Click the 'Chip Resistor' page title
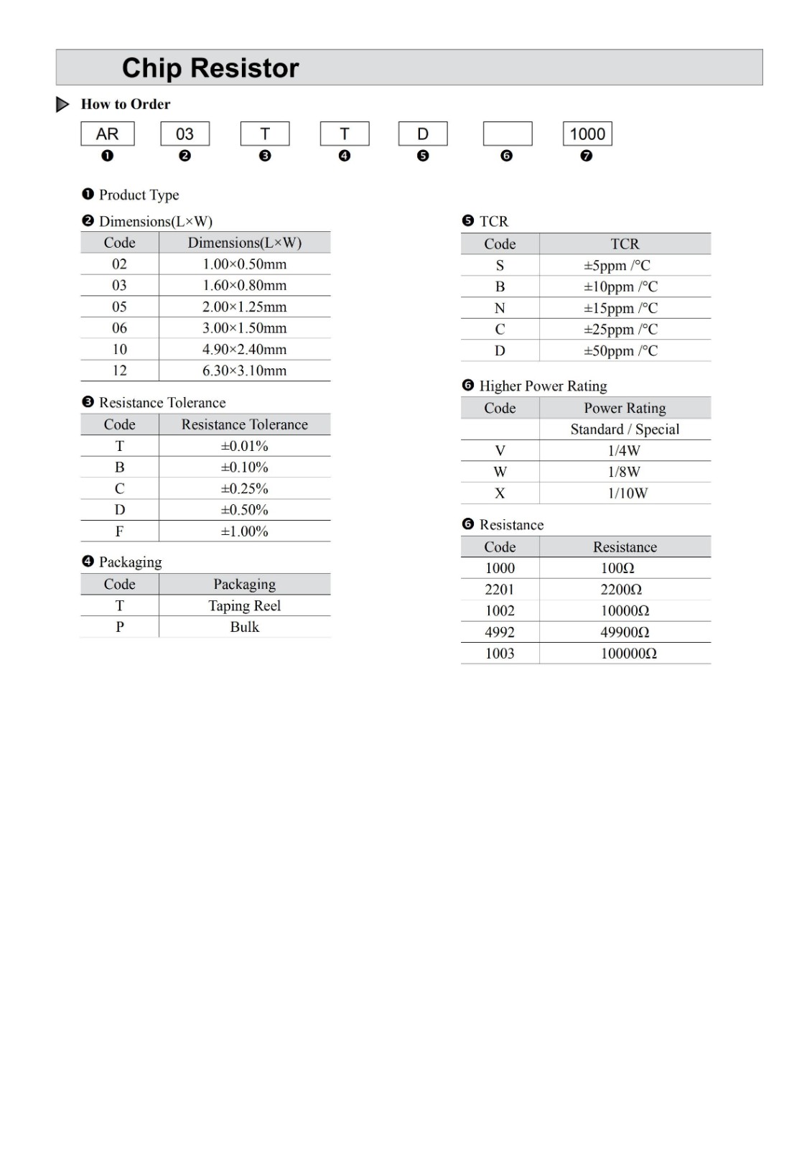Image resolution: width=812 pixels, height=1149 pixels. (x=210, y=68)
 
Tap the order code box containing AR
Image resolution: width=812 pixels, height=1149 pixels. (x=108, y=134)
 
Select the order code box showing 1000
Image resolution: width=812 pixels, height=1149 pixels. (x=587, y=134)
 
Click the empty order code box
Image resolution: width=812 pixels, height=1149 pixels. (x=508, y=134)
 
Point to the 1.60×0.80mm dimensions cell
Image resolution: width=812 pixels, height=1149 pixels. (x=244, y=285)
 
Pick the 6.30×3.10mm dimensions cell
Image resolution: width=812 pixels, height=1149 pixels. (x=244, y=371)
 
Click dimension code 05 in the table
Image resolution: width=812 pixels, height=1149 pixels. (x=119, y=307)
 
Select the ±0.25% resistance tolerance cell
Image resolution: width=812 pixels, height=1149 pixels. (x=244, y=488)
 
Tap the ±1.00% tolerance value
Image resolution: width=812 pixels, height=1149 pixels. (x=244, y=531)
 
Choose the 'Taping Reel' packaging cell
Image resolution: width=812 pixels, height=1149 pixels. (x=244, y=605)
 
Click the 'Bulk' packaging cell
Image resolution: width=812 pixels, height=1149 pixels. (x=244, y=627)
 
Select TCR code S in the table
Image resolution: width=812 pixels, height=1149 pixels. (x=500, y=265)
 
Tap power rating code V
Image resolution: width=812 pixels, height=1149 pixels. (x=500, y=450)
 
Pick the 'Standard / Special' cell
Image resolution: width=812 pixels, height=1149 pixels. (x=625, y=429)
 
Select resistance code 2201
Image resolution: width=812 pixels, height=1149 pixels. (x=500, y=590)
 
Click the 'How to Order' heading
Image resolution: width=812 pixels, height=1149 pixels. (x=126, y=104)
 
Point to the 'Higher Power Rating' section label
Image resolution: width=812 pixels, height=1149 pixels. (x=543, y=386)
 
